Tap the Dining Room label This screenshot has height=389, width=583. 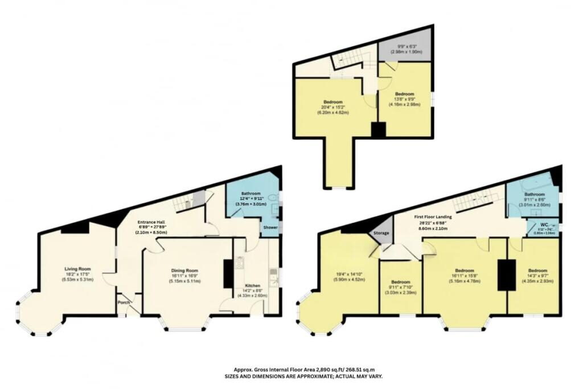tap(184, 271)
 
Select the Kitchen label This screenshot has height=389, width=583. tap(252, 285)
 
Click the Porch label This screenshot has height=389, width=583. tap(124, 302)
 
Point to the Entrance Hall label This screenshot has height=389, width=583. tap(151, 222)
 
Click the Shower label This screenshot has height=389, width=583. tap(269, 227)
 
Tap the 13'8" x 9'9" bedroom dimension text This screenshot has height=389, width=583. tap(405, 99)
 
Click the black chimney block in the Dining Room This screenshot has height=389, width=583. tap(228, 274)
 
